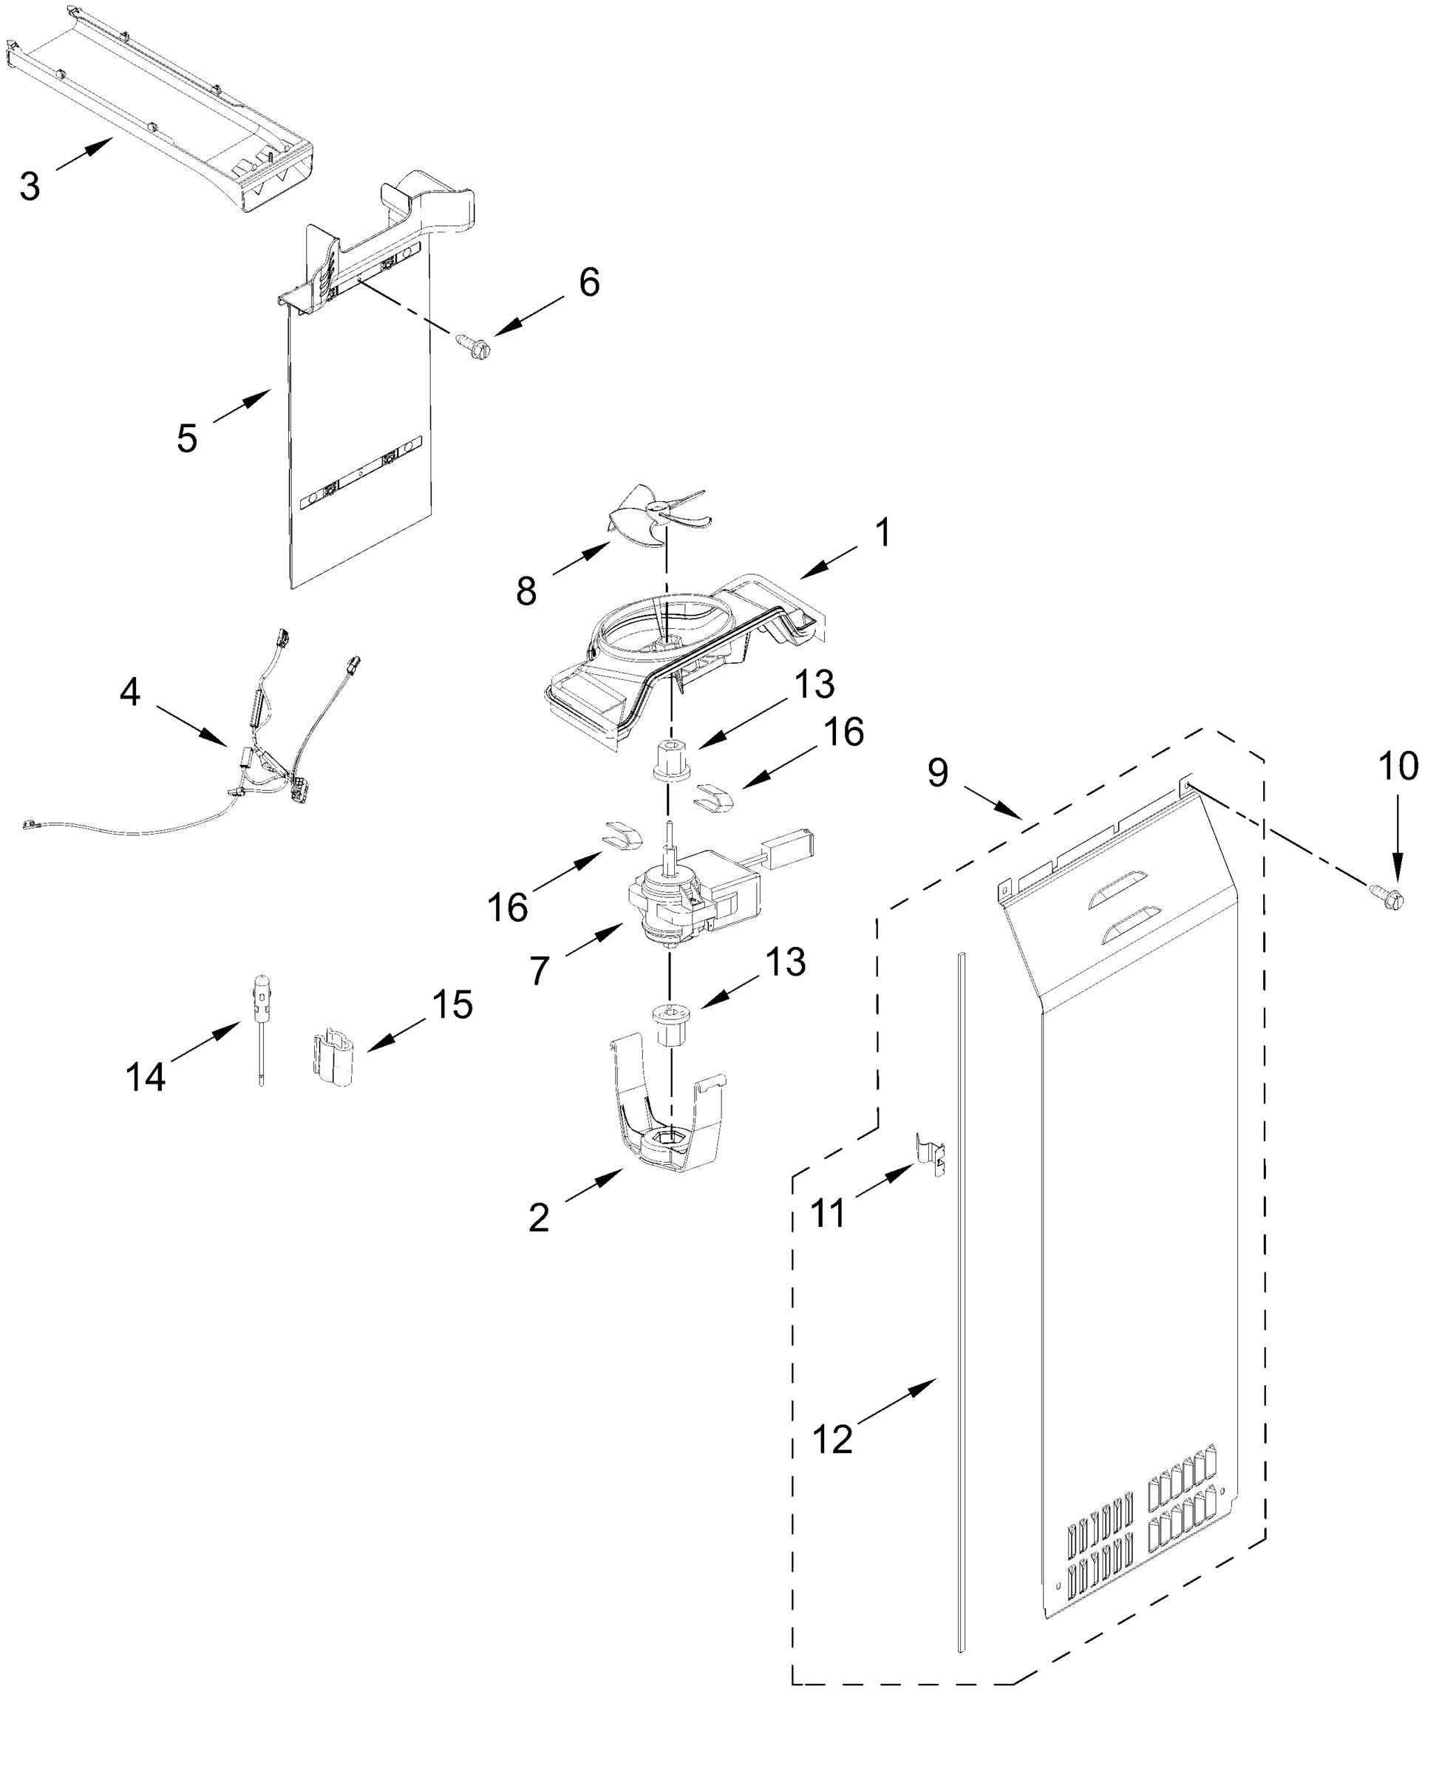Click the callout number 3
point(30,186)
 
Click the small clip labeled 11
point(931,1155)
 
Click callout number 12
point(832,1438)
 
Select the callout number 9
point(936,772)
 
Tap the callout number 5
point(187,437)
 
